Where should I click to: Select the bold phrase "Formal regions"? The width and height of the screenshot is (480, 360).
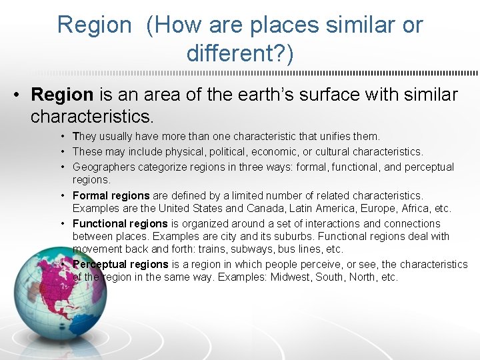111,195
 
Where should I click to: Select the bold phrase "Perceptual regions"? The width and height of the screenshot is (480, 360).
120,264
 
